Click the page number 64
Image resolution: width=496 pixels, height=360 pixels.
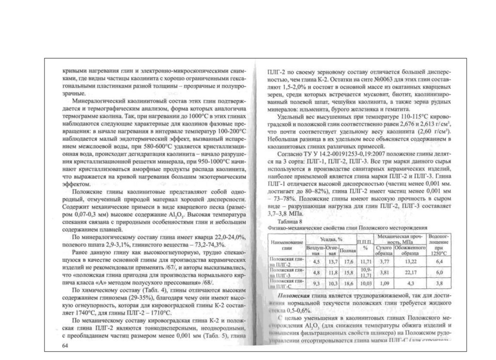[66, 346]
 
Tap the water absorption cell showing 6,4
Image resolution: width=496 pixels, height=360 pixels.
[440, 262]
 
